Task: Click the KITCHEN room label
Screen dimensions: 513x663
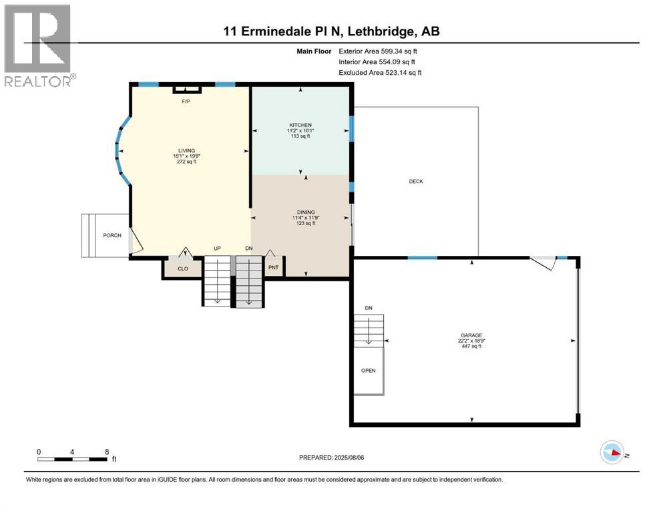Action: pyautogui.click(x=300, y=125)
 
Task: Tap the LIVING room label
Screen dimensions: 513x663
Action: pyautogui.click(x=185, y=150)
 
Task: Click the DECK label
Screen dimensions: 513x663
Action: pyautogui.click(x=416, y=181)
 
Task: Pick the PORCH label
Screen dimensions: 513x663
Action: pyautogui.click(x=112, y=236)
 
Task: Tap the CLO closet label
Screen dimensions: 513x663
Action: pyautogui.click(x=182, y=269)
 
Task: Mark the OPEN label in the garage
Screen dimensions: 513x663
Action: pyautogui.click(x=368, y=370)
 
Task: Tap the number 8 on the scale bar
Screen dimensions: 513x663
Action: pyautogui.click(x=107, y=451)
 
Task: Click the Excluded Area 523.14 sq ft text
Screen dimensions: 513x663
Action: pyautogui.click(x=380, y=72)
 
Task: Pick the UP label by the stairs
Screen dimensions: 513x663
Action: pyautogui.click(x=217, y=248)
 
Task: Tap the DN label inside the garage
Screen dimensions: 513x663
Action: pyautogui.click(x=368, y=308)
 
